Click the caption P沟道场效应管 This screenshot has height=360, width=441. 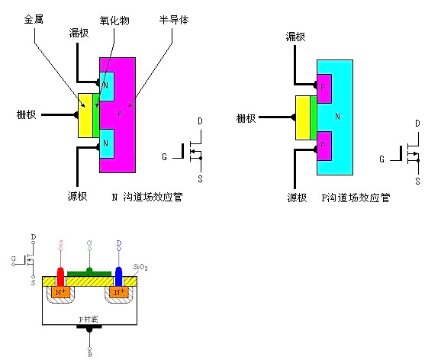(356, 197)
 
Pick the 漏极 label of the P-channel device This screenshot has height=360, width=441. (296, 36)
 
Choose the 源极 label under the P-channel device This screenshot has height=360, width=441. (297, 198)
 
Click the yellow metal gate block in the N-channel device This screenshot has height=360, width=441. (84, 116)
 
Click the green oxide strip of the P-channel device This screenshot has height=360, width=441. (314, 117)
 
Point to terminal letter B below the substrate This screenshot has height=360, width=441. (91, 352)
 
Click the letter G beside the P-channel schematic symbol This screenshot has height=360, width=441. (382, 159)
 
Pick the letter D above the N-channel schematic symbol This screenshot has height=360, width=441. (200, 121)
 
